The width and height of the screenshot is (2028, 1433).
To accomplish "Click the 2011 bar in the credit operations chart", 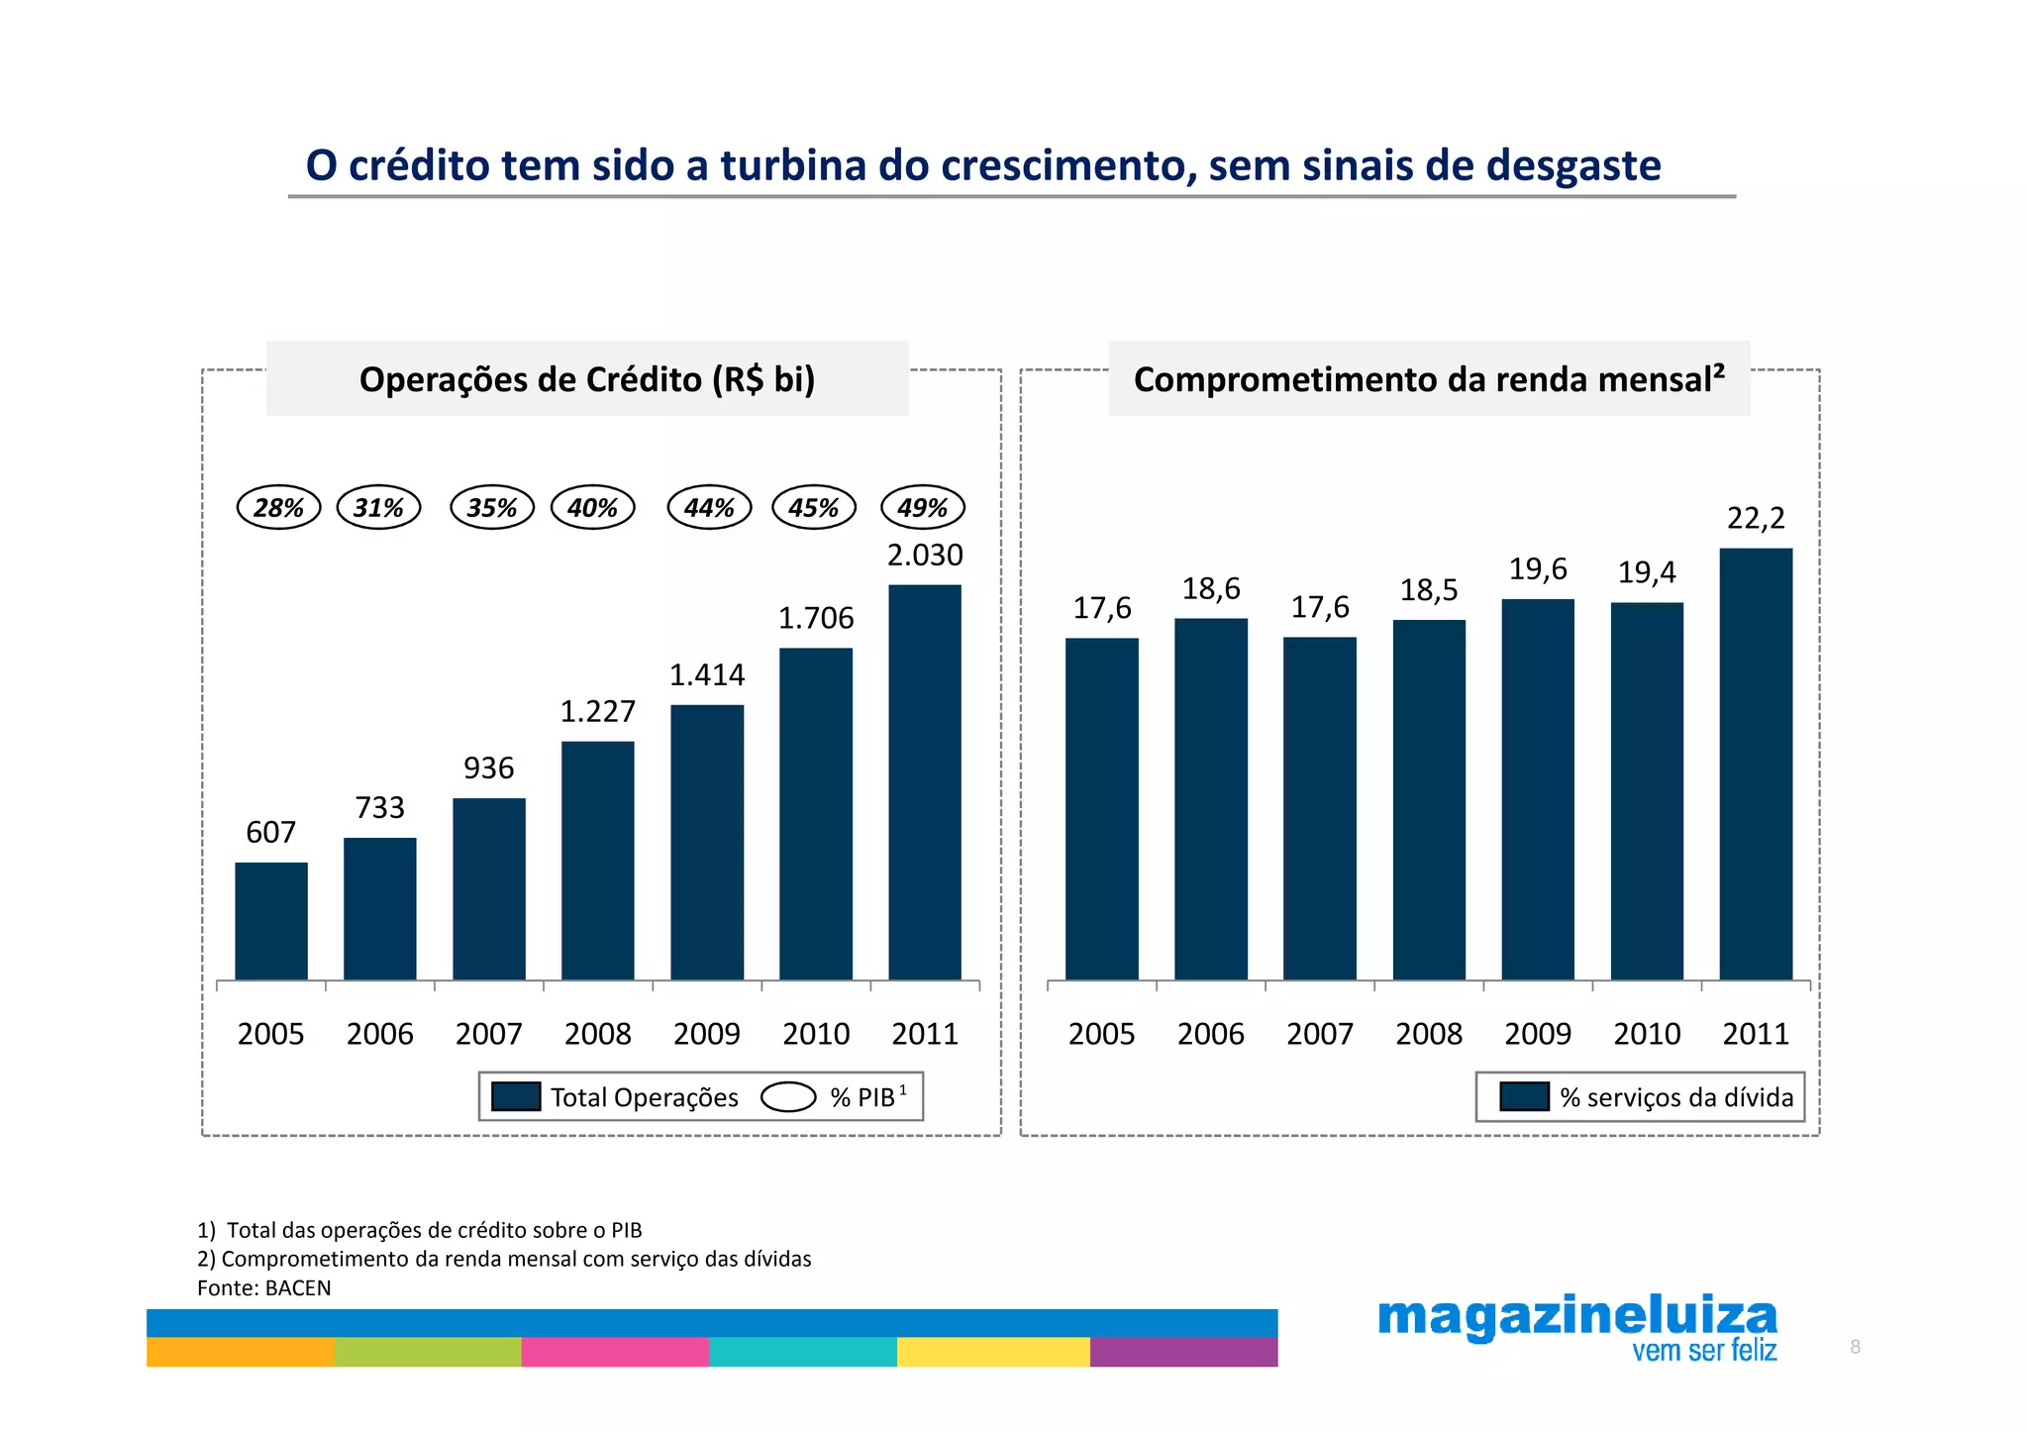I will click(924, 782).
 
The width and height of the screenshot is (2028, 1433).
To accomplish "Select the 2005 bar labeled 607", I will click(271, 921).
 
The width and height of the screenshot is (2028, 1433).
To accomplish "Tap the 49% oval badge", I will click(923, 507).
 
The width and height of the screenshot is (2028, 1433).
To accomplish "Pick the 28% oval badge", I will click(278, 507).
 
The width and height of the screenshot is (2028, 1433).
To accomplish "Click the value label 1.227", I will click(597, 711).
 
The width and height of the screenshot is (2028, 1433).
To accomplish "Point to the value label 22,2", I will click(1756, 518).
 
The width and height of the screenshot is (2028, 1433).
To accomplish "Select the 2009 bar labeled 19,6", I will click(1537, 789).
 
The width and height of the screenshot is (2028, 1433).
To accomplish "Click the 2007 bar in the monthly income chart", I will click(1319, 808).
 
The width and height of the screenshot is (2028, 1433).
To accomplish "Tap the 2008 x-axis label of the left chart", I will click(597, 1034).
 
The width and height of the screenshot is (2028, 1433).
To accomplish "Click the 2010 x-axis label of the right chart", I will click(1647, 1034).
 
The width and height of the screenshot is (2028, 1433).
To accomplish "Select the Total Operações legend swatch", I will click(516, 1096).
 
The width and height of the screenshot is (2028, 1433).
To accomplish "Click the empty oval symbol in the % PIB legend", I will click(788, 1097).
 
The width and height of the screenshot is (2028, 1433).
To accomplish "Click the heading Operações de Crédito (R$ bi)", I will click(586, 379).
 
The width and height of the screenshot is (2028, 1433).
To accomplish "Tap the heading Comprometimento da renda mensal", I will click(1428, 379).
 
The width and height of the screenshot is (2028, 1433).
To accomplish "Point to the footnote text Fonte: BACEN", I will click(263, 1287).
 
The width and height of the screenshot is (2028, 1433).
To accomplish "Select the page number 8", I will click(1855, 1347).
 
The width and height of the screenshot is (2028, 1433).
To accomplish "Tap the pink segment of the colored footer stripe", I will click(615, 1352).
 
